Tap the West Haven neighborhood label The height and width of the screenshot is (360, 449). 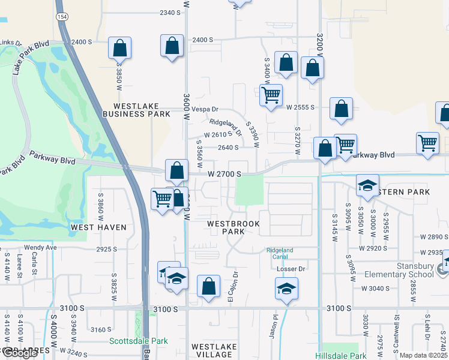pyautogui.click(x=98, y=227)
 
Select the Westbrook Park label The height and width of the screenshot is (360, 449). pyautogui.click(x=225, y=227)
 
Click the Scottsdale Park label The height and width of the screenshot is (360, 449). pyautogui.click(x=139, y=341)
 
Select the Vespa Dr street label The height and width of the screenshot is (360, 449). pyautogui.click(x=205, y=110)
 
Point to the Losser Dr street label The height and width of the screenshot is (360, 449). pyautogui.click(x=291, y=269)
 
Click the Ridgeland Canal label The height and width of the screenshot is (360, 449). pyautogui.click(x=280, y=253)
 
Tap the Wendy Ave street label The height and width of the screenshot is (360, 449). pyautogui.click(x=40, y=247)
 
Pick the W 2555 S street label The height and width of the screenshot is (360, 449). pyautogui.click(x=301, y=107)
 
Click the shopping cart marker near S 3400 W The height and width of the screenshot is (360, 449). pyautogui.click(x=271, y=95)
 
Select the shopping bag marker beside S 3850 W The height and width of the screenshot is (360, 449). pyautogui.click(x=119, y=48)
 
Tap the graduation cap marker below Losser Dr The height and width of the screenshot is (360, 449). pyautogui.click(x=287, y=289)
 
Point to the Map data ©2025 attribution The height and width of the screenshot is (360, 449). pyautogui.click(x=423, y=355)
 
